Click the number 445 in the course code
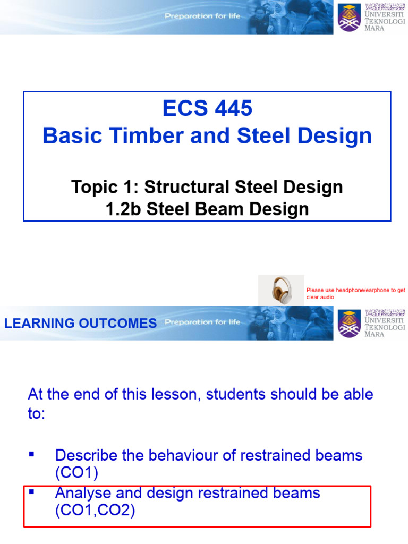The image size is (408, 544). (x=232, y=109)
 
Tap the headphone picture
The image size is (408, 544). (x=281, y=290)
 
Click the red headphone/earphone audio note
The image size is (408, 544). (x=355, y=294)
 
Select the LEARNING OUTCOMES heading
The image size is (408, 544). (x=80, y=323)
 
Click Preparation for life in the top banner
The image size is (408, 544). (x=202, y=16)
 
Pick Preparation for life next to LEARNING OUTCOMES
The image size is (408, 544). (x=202, y=322)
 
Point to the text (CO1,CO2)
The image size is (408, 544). (x=95, y=511)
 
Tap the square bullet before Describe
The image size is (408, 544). (x=31, y=455)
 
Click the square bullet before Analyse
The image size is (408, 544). (x=31, y=492)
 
